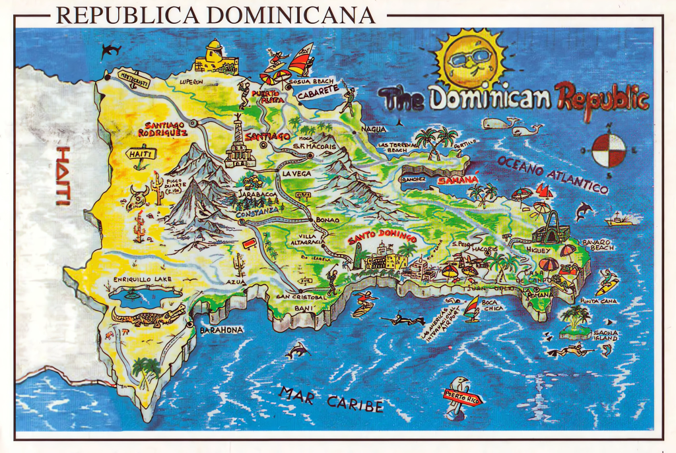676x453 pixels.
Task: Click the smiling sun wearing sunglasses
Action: coord(470,61)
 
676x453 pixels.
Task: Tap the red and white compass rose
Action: coord(608,150)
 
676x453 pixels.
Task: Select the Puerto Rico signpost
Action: coord(463,398)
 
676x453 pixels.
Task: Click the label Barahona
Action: coord(222,330)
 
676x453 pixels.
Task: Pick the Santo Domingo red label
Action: coord(382,235)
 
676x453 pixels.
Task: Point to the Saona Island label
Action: coord(605,336)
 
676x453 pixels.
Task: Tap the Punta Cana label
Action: coord(598,301)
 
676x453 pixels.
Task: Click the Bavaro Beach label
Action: coord(597,245)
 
